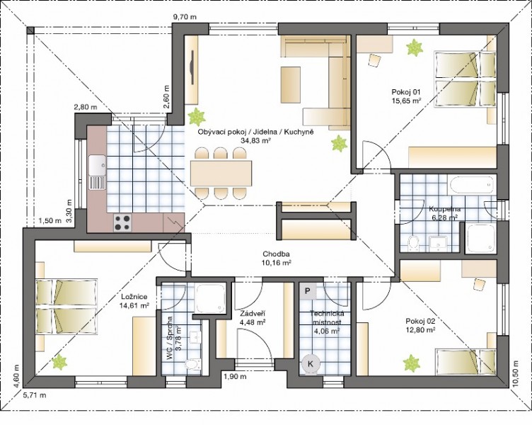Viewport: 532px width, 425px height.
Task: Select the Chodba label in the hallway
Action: [276, 254]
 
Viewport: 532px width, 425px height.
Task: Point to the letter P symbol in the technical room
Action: [308, 291]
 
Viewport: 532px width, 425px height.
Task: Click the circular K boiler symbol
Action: [311, 364]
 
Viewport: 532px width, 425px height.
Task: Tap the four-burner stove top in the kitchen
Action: [122, 223]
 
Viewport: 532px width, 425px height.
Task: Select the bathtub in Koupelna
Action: [472, 185]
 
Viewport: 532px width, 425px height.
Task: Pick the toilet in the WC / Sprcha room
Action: [192, 364]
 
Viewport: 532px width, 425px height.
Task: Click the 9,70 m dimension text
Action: [185, 17]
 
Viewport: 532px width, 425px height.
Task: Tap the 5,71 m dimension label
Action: [34, 395]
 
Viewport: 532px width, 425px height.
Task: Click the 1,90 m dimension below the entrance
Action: [235, 376]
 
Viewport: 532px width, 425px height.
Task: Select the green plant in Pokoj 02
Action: [411, 363]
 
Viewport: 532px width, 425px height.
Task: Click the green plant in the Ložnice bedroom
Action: [59, 362]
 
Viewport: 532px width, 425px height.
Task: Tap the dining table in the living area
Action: [221, 174]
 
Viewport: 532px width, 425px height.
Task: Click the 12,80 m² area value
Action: [420, 329]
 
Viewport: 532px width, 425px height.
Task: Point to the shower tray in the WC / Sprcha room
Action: [210, 298]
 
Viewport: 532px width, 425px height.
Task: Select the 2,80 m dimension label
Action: [86, 108]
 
